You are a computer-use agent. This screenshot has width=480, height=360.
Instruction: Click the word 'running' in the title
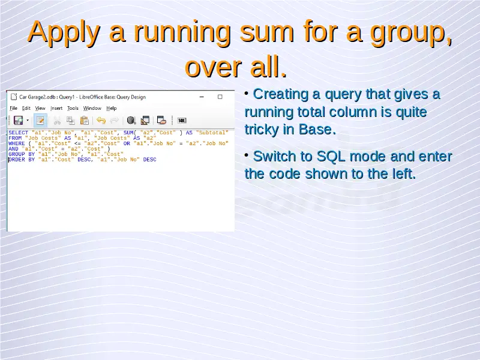[182, 32]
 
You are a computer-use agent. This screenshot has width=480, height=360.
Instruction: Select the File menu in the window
[13, 108]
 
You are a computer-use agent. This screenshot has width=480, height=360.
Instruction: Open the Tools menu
[73, 108]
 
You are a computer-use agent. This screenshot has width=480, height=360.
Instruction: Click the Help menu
[112, 108]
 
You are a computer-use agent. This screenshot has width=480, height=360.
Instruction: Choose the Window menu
[92, 108]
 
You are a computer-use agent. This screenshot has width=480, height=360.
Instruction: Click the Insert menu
[56, 108]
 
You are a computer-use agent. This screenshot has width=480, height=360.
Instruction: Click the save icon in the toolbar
[18, 121]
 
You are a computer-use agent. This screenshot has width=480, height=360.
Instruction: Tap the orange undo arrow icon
[101, 121]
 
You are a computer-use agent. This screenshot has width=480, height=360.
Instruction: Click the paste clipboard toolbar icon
[84, 121]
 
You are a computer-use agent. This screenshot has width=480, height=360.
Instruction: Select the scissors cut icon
[57, 121]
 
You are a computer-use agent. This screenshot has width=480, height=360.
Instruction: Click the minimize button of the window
[202, 97]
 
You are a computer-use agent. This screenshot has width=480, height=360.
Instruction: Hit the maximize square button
[220, 97]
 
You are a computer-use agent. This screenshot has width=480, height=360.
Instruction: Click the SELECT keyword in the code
[19, 133]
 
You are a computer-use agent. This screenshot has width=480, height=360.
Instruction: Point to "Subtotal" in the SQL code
[212, 133]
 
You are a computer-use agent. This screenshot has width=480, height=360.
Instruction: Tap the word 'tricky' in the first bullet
[261, 129]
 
